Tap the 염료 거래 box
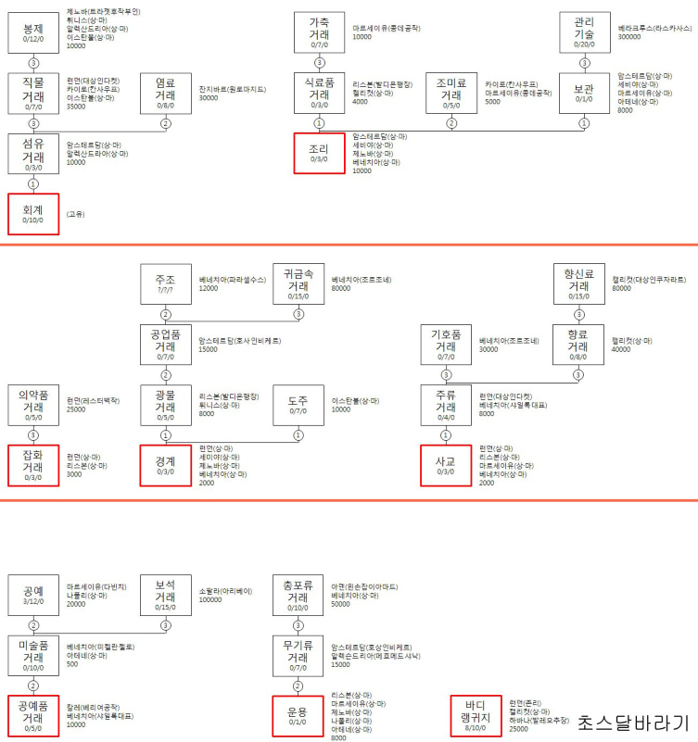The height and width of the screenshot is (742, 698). tap(167, 94)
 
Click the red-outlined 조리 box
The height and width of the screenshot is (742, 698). tap(320, 152)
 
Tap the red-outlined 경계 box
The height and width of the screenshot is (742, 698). tap(167, 464)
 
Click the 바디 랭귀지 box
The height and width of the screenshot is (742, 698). tap(475, 716)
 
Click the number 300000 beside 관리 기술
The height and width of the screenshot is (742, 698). tap(630, 38)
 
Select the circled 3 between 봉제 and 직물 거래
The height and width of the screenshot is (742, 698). tap(34, 63)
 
